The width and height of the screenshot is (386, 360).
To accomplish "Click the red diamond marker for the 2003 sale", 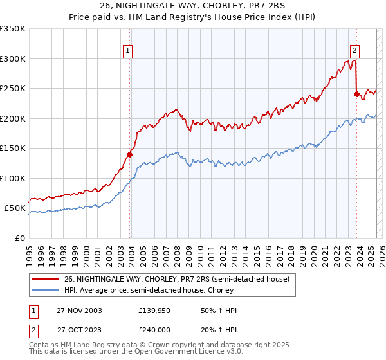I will tap(130, 154).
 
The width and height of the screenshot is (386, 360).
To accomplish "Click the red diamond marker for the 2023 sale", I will tap(356, 94).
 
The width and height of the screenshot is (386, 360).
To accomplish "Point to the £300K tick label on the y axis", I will tap(13, 59).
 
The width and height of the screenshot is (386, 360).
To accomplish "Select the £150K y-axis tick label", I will tap(13, 148).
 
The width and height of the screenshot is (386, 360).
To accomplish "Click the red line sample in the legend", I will tap(46, 279).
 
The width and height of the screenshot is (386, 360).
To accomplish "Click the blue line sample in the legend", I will tap(46, 291).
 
